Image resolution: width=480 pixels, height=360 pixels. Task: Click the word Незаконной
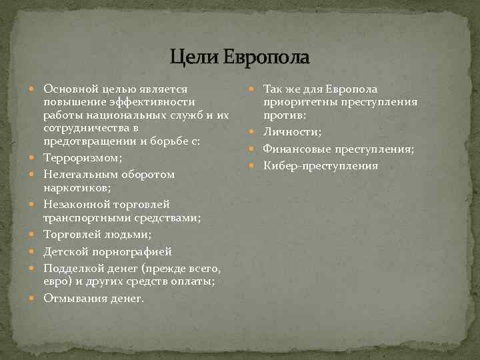[x=71, y=204]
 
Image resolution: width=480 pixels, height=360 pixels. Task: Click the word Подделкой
[x=71, y=269]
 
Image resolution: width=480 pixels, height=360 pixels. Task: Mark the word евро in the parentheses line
[x=55, y=282]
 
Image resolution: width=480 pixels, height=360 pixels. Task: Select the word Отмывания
[x=73, y=299]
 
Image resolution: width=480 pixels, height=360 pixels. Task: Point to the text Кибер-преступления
[x=320, y=165]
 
